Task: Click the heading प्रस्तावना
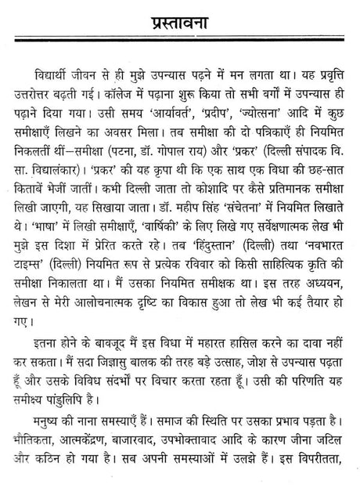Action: point(180,19)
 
